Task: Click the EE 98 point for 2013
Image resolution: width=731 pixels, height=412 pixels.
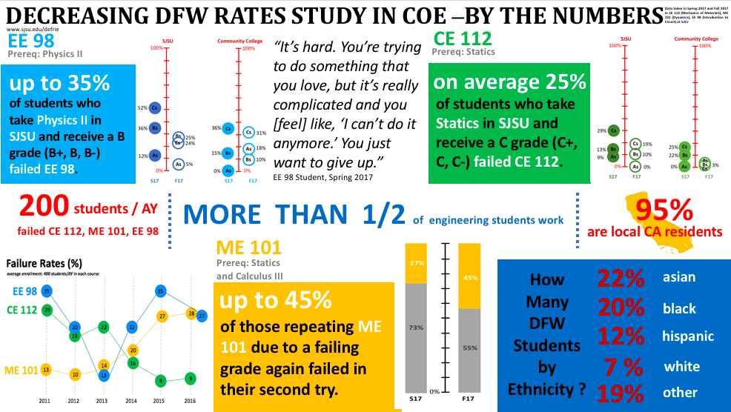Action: (x=104, y=376)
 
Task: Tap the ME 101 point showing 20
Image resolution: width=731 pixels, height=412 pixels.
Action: (x=133, y=350)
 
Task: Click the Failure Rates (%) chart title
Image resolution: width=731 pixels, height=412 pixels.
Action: (x=42, y=264)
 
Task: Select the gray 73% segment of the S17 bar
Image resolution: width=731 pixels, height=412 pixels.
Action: (x=416, y=327)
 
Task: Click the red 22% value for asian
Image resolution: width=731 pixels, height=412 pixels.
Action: (x=621, y=279)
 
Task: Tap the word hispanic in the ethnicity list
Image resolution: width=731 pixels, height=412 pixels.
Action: (x=688, y=336)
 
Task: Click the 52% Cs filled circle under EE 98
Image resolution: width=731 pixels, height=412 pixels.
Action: (x=155, y=107)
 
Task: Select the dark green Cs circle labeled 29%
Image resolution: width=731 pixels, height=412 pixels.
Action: (x=613, y=130)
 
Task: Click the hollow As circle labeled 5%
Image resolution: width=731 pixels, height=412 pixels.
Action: (x=178, y=165)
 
